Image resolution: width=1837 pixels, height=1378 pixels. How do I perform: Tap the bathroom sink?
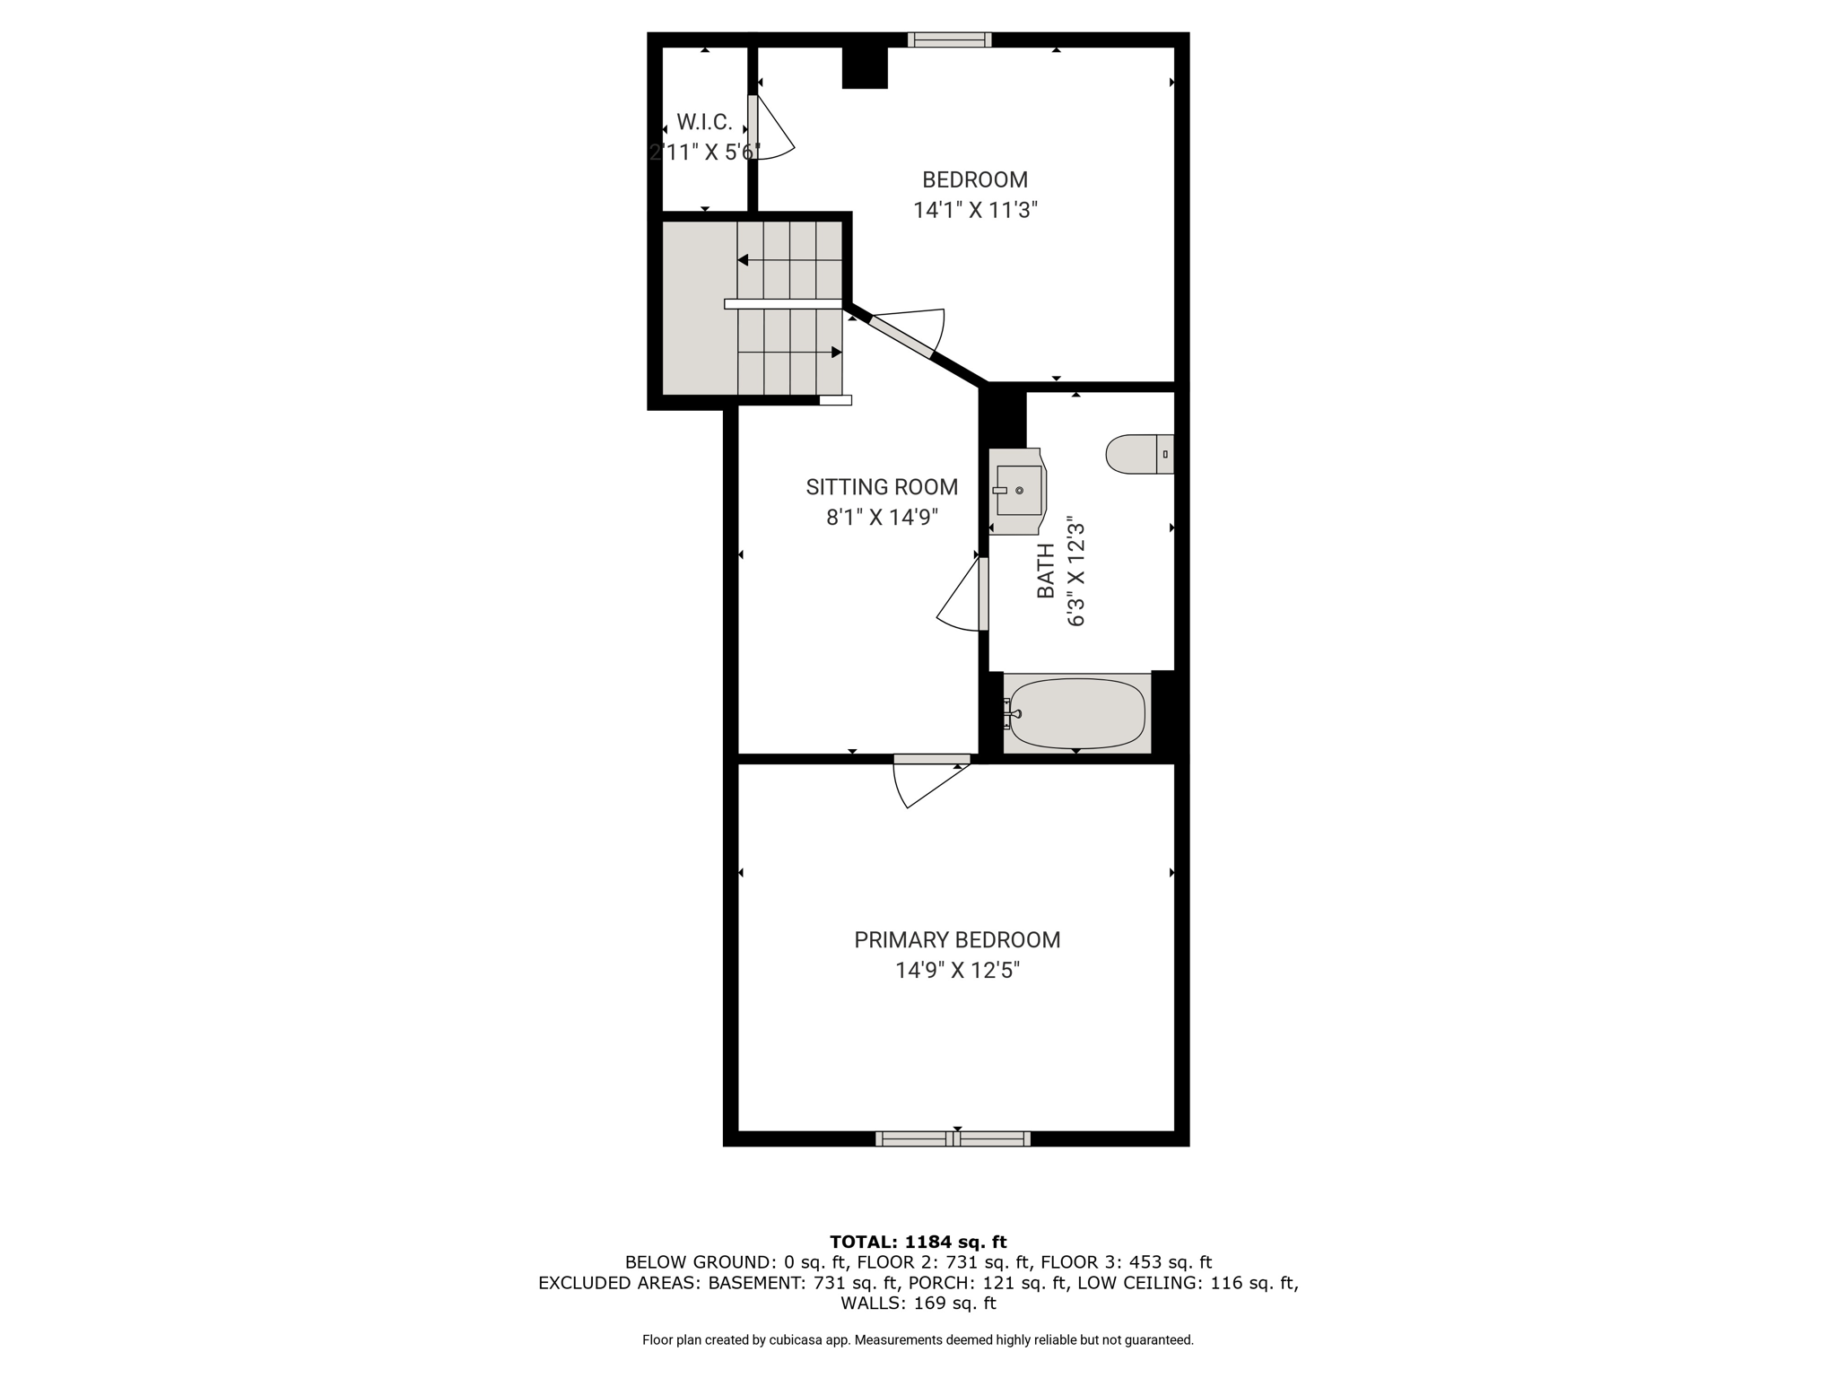[1017, 491]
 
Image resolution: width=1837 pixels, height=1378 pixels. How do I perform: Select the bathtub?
[1076, 713]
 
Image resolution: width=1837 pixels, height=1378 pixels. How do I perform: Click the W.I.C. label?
[705, 122]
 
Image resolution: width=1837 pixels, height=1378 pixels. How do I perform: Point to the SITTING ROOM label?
[882, 487]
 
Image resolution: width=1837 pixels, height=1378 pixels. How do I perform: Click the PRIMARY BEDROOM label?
[957, 940]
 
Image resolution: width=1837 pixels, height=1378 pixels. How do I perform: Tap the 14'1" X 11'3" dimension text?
[975, 210]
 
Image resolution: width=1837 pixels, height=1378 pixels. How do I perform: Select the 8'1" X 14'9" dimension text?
[882, 518]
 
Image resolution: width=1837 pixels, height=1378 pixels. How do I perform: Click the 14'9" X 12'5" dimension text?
[958, 971]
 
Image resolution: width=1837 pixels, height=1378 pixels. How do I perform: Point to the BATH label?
[1046, 571]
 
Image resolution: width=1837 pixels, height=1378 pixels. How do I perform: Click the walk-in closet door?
[770, 127]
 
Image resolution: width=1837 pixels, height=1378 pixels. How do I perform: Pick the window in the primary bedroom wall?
[953, 1138]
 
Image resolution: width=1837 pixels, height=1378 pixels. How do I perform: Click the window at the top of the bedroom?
[949, 39]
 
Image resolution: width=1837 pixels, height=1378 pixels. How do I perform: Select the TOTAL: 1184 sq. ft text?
[918, 1243]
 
